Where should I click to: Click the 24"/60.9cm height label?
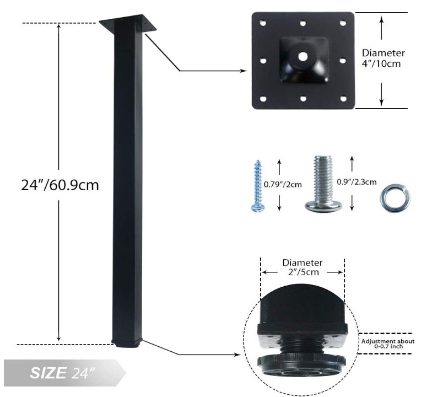(60, 185)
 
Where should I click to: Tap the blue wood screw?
(257, 186)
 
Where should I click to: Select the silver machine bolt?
(323, 184)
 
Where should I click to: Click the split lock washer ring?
(394, 198)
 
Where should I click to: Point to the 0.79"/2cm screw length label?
(283, 185)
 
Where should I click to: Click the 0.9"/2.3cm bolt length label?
(356, 182)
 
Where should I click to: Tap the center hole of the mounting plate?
(303, 57)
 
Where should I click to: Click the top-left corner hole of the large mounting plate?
(263, 23)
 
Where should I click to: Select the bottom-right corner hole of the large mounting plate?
(343, 98)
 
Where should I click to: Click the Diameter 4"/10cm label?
(383, 58)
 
